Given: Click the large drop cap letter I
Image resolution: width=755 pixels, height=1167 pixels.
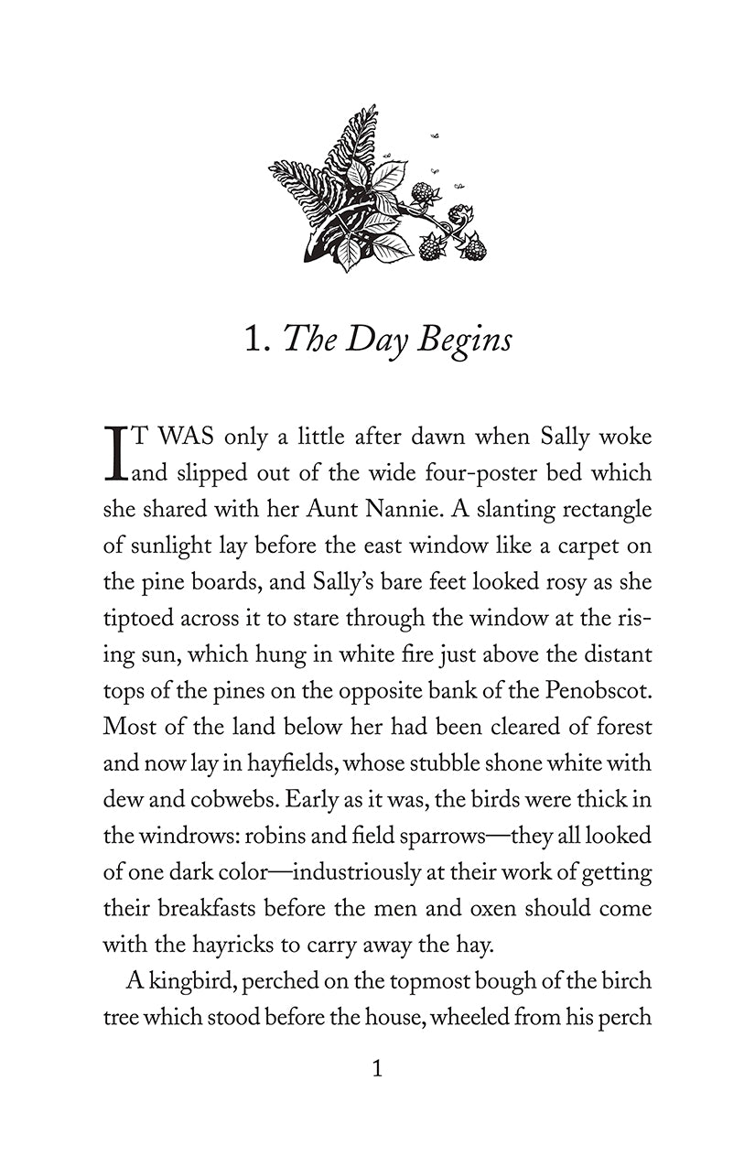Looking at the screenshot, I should (114, 454).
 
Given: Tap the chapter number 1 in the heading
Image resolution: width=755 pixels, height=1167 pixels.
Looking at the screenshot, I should (254, 339).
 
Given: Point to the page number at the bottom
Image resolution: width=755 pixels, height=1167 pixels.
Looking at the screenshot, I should (377, 1068).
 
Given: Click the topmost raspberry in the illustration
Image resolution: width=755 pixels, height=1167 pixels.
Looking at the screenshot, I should (423, 193).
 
